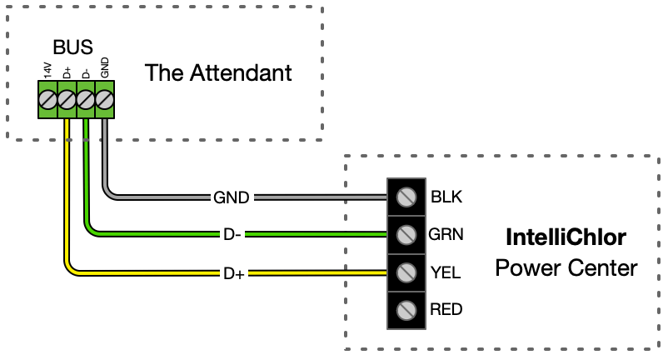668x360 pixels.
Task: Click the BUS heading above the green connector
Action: pos(72,47)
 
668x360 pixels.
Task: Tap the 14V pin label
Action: pos(47,70)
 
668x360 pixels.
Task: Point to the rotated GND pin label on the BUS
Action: pos(104,68)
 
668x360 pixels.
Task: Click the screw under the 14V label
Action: pos(47,100)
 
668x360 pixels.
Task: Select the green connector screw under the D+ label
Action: pos(67,100)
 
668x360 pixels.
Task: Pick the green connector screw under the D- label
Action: pos(86,100)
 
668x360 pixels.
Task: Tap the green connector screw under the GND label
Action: pos(104,100)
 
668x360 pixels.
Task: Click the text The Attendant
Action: pos(218,72)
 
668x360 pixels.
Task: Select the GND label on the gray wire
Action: pos(232,197)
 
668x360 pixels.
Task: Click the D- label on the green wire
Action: pos(232,234)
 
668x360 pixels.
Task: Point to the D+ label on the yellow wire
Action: pos(234,273)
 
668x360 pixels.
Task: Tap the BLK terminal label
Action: pos(446,197)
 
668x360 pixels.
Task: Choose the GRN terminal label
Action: pos(446,234)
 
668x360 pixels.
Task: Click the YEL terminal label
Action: pos(446,272)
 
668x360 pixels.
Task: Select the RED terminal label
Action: pos(446,309)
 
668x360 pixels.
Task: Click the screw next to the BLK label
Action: pos(406,197)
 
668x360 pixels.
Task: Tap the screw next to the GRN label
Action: pos(406,235)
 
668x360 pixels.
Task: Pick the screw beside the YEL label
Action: pos(406,272)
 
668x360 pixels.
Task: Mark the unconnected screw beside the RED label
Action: pos(406,310)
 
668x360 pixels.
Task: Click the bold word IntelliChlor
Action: pos(566,237)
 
